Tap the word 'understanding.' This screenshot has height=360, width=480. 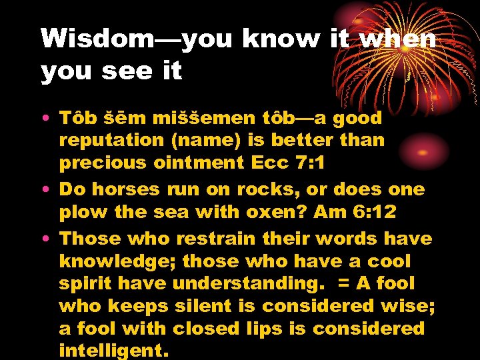(x=249, y=283)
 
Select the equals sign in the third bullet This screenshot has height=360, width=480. (x=345, y=283)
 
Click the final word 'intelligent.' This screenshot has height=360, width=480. (x=111, y=349)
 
